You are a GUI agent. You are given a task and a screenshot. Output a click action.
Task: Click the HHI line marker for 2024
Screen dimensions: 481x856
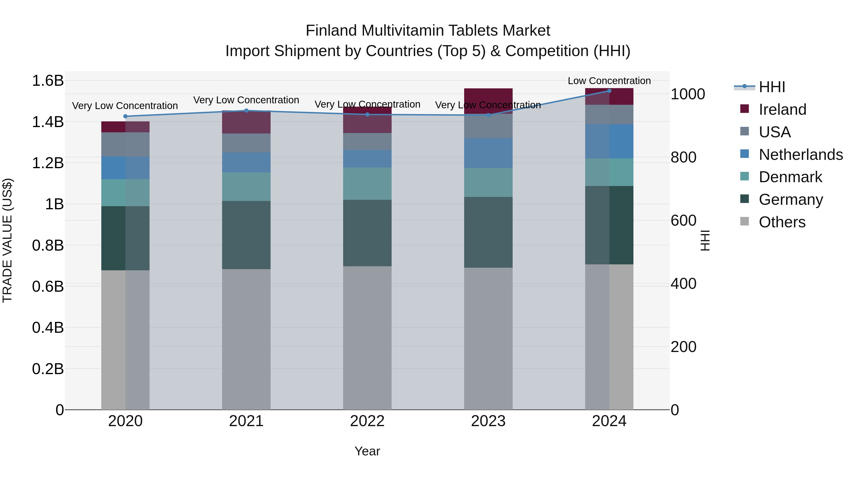click(x=609, y=91)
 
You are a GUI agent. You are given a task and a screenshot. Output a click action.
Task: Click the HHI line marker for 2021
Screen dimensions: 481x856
click(x=246, y=110)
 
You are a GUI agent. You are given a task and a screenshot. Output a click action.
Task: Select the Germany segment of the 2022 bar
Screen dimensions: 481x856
click(x=367, y=233)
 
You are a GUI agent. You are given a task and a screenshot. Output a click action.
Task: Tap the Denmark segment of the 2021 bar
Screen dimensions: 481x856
click(x=246, y=186)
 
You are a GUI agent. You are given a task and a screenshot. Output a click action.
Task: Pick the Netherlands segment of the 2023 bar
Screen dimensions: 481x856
click(x=488, y=153)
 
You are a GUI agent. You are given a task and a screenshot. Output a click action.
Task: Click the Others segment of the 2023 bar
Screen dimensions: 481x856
click(x=488, y=338)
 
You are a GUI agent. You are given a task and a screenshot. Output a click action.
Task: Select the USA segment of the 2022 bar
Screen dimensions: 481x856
click(x=367, y=141)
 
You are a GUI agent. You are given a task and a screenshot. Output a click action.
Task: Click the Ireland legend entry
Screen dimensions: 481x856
click(x=782, y=110)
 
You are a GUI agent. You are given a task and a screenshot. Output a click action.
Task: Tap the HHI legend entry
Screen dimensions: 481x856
click(x=772, y=87)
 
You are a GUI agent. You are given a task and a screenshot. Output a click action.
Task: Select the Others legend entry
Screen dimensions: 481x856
click(x=782, y=222)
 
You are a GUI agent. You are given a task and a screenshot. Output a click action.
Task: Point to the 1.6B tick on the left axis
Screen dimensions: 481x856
click(x=48, y=81)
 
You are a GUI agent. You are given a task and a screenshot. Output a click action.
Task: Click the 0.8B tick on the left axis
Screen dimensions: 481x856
click(x=48, y=246)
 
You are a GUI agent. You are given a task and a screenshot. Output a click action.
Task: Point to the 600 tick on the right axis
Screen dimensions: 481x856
click(x=683, y=220)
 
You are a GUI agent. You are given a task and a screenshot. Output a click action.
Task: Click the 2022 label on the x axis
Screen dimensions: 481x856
click(x=367, y=421)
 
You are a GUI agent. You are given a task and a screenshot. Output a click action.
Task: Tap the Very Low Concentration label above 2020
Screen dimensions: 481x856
click(x=125, y=105)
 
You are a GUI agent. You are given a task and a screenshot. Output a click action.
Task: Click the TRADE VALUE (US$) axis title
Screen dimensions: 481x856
click(x=7, y=240)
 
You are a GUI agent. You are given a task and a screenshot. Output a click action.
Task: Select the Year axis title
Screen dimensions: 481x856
click(x=367, y=451)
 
